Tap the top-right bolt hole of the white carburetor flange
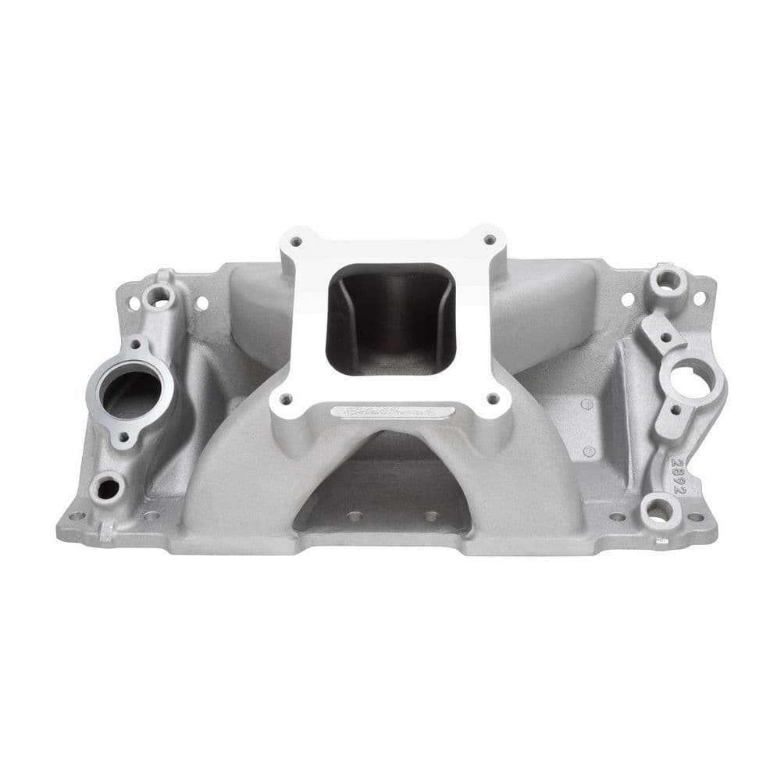click(489, 240)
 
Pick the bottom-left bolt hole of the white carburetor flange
click(285, 399)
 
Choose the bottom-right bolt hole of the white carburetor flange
click(493, 398)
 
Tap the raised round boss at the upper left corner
click(161, 294)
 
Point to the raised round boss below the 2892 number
click(658, 512)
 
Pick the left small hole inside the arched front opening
click(355, 516)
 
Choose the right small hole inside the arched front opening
click(429, 516)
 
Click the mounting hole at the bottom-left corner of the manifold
click(76, 516)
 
